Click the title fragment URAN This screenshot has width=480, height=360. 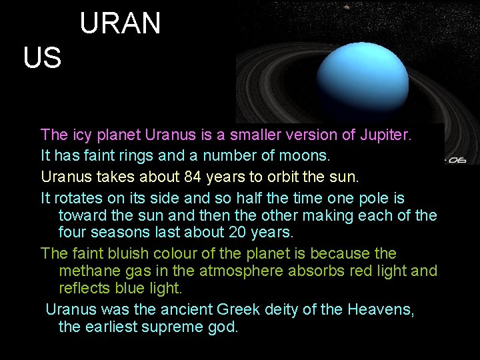pyautogui.click(x=120, y=24)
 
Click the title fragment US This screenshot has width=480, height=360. pyautogui.click(x=42, y=59)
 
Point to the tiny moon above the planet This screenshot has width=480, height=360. pyautogui.click(x=346, y=8)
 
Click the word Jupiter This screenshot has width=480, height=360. pyautogui.click(x=386, y=135)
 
